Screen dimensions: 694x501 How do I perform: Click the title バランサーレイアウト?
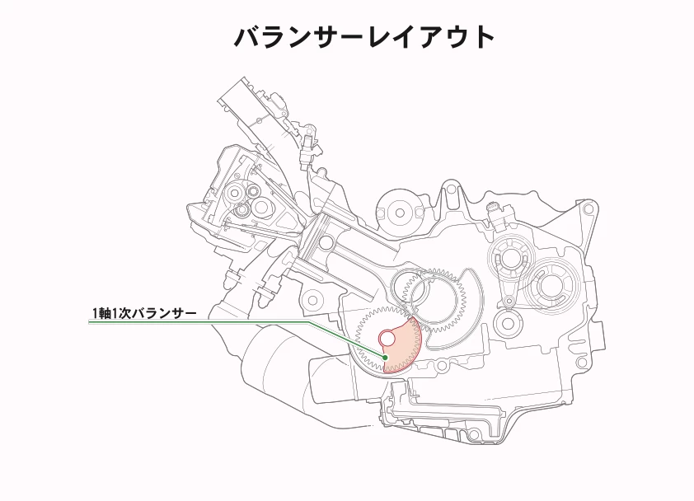tap(363, 37)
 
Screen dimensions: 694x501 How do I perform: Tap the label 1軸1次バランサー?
tap(144, 313)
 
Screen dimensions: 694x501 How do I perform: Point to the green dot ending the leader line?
tap(385, 357)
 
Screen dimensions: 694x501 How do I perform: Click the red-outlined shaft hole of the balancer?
tap(387, 339)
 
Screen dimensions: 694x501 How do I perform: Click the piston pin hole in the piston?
tap(326, 242)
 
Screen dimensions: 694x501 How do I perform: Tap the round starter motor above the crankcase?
tap(400, 212)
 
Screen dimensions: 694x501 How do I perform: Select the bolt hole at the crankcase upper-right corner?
tap(588, 209)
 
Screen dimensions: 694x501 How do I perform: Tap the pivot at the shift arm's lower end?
tap(509, 302)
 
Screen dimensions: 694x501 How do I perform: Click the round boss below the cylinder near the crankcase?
tap(314, 299)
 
